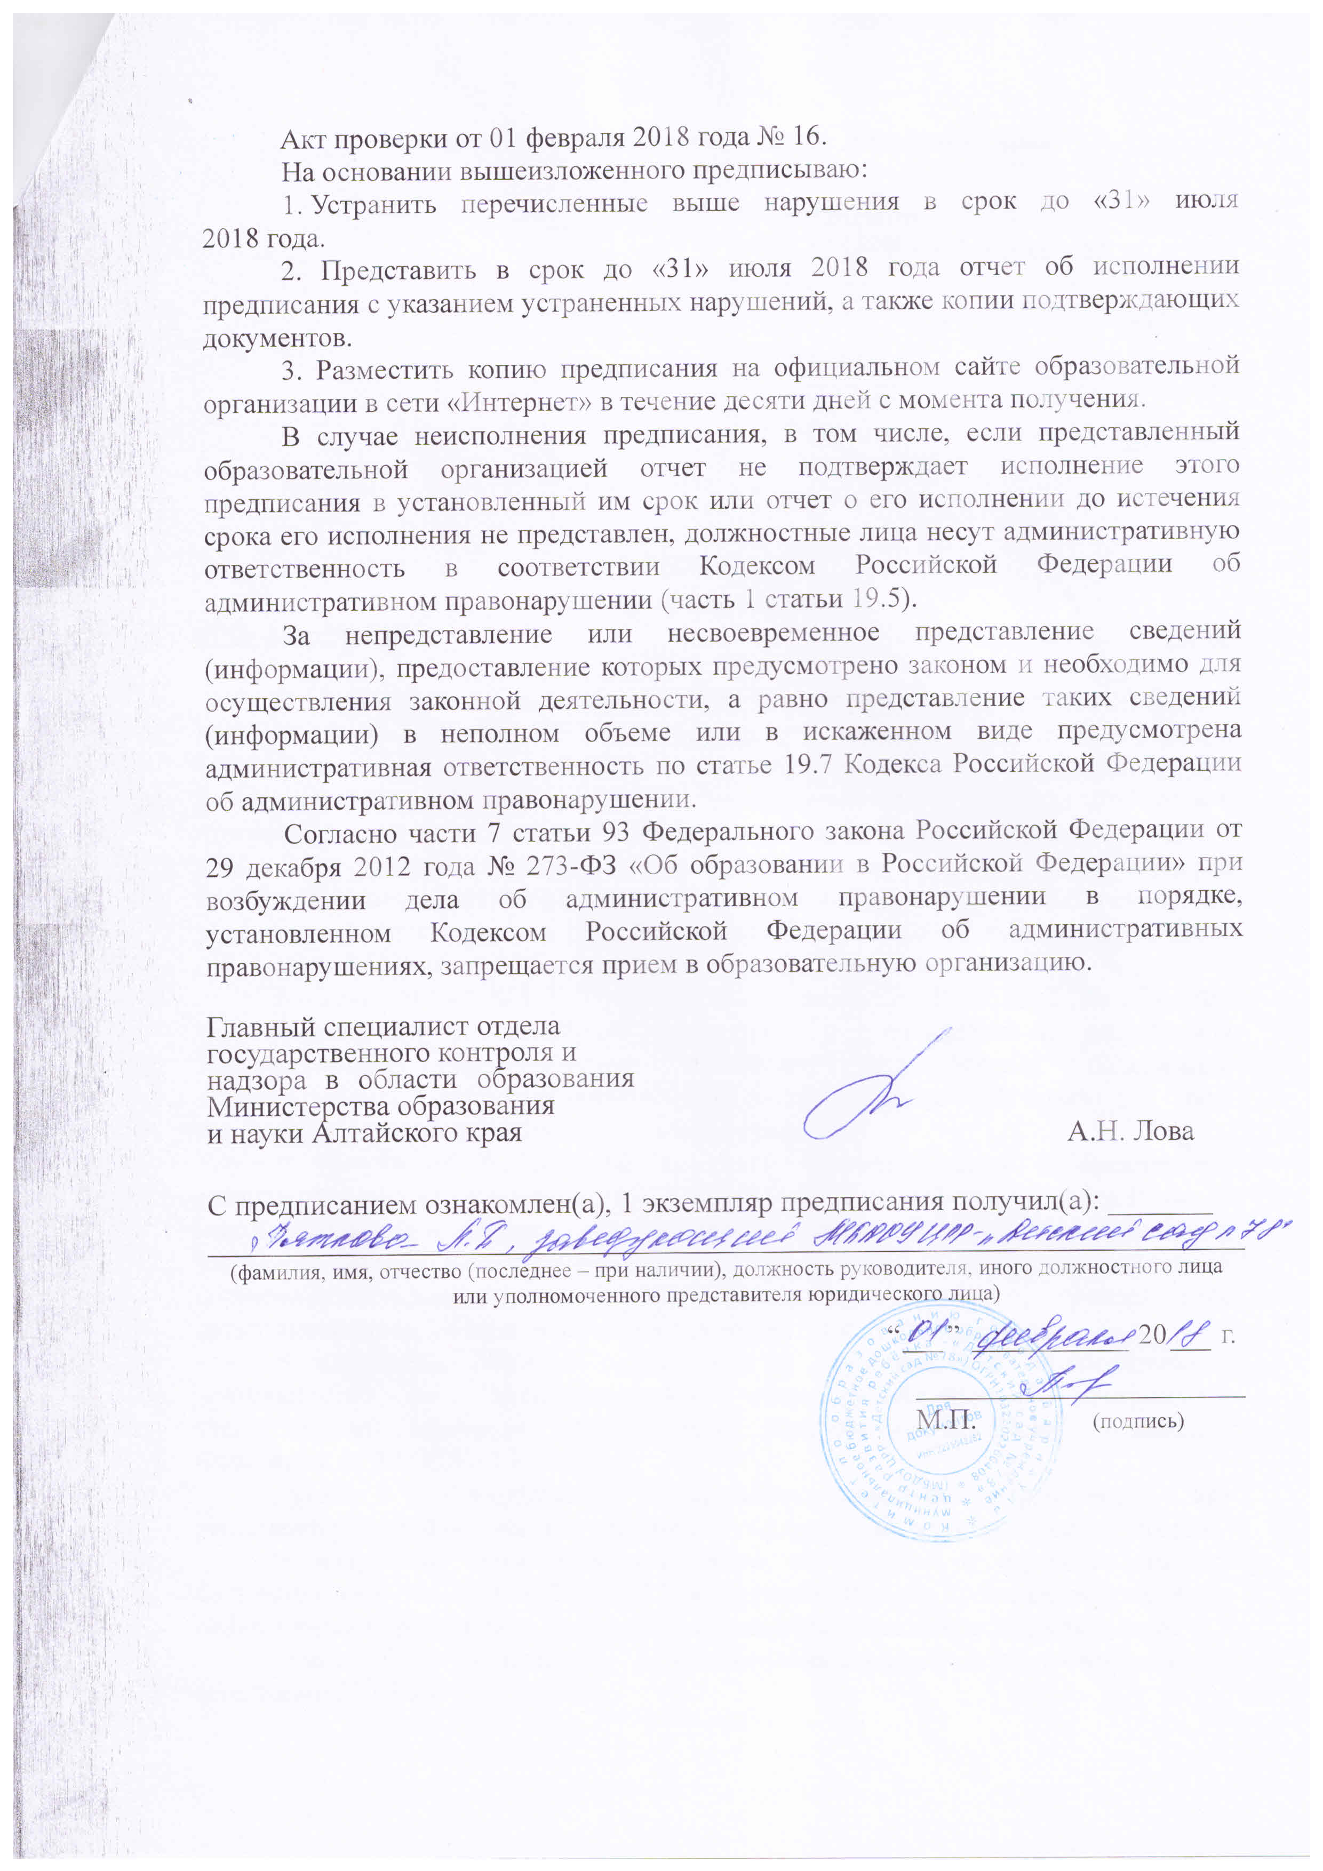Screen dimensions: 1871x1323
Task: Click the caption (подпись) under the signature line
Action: pyautogui.click(x=1138, y=1422)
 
